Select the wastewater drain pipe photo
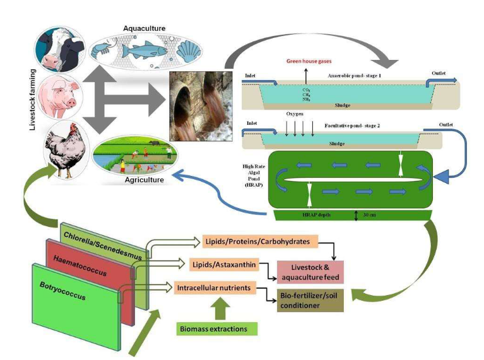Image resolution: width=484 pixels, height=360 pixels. [197, 105]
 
